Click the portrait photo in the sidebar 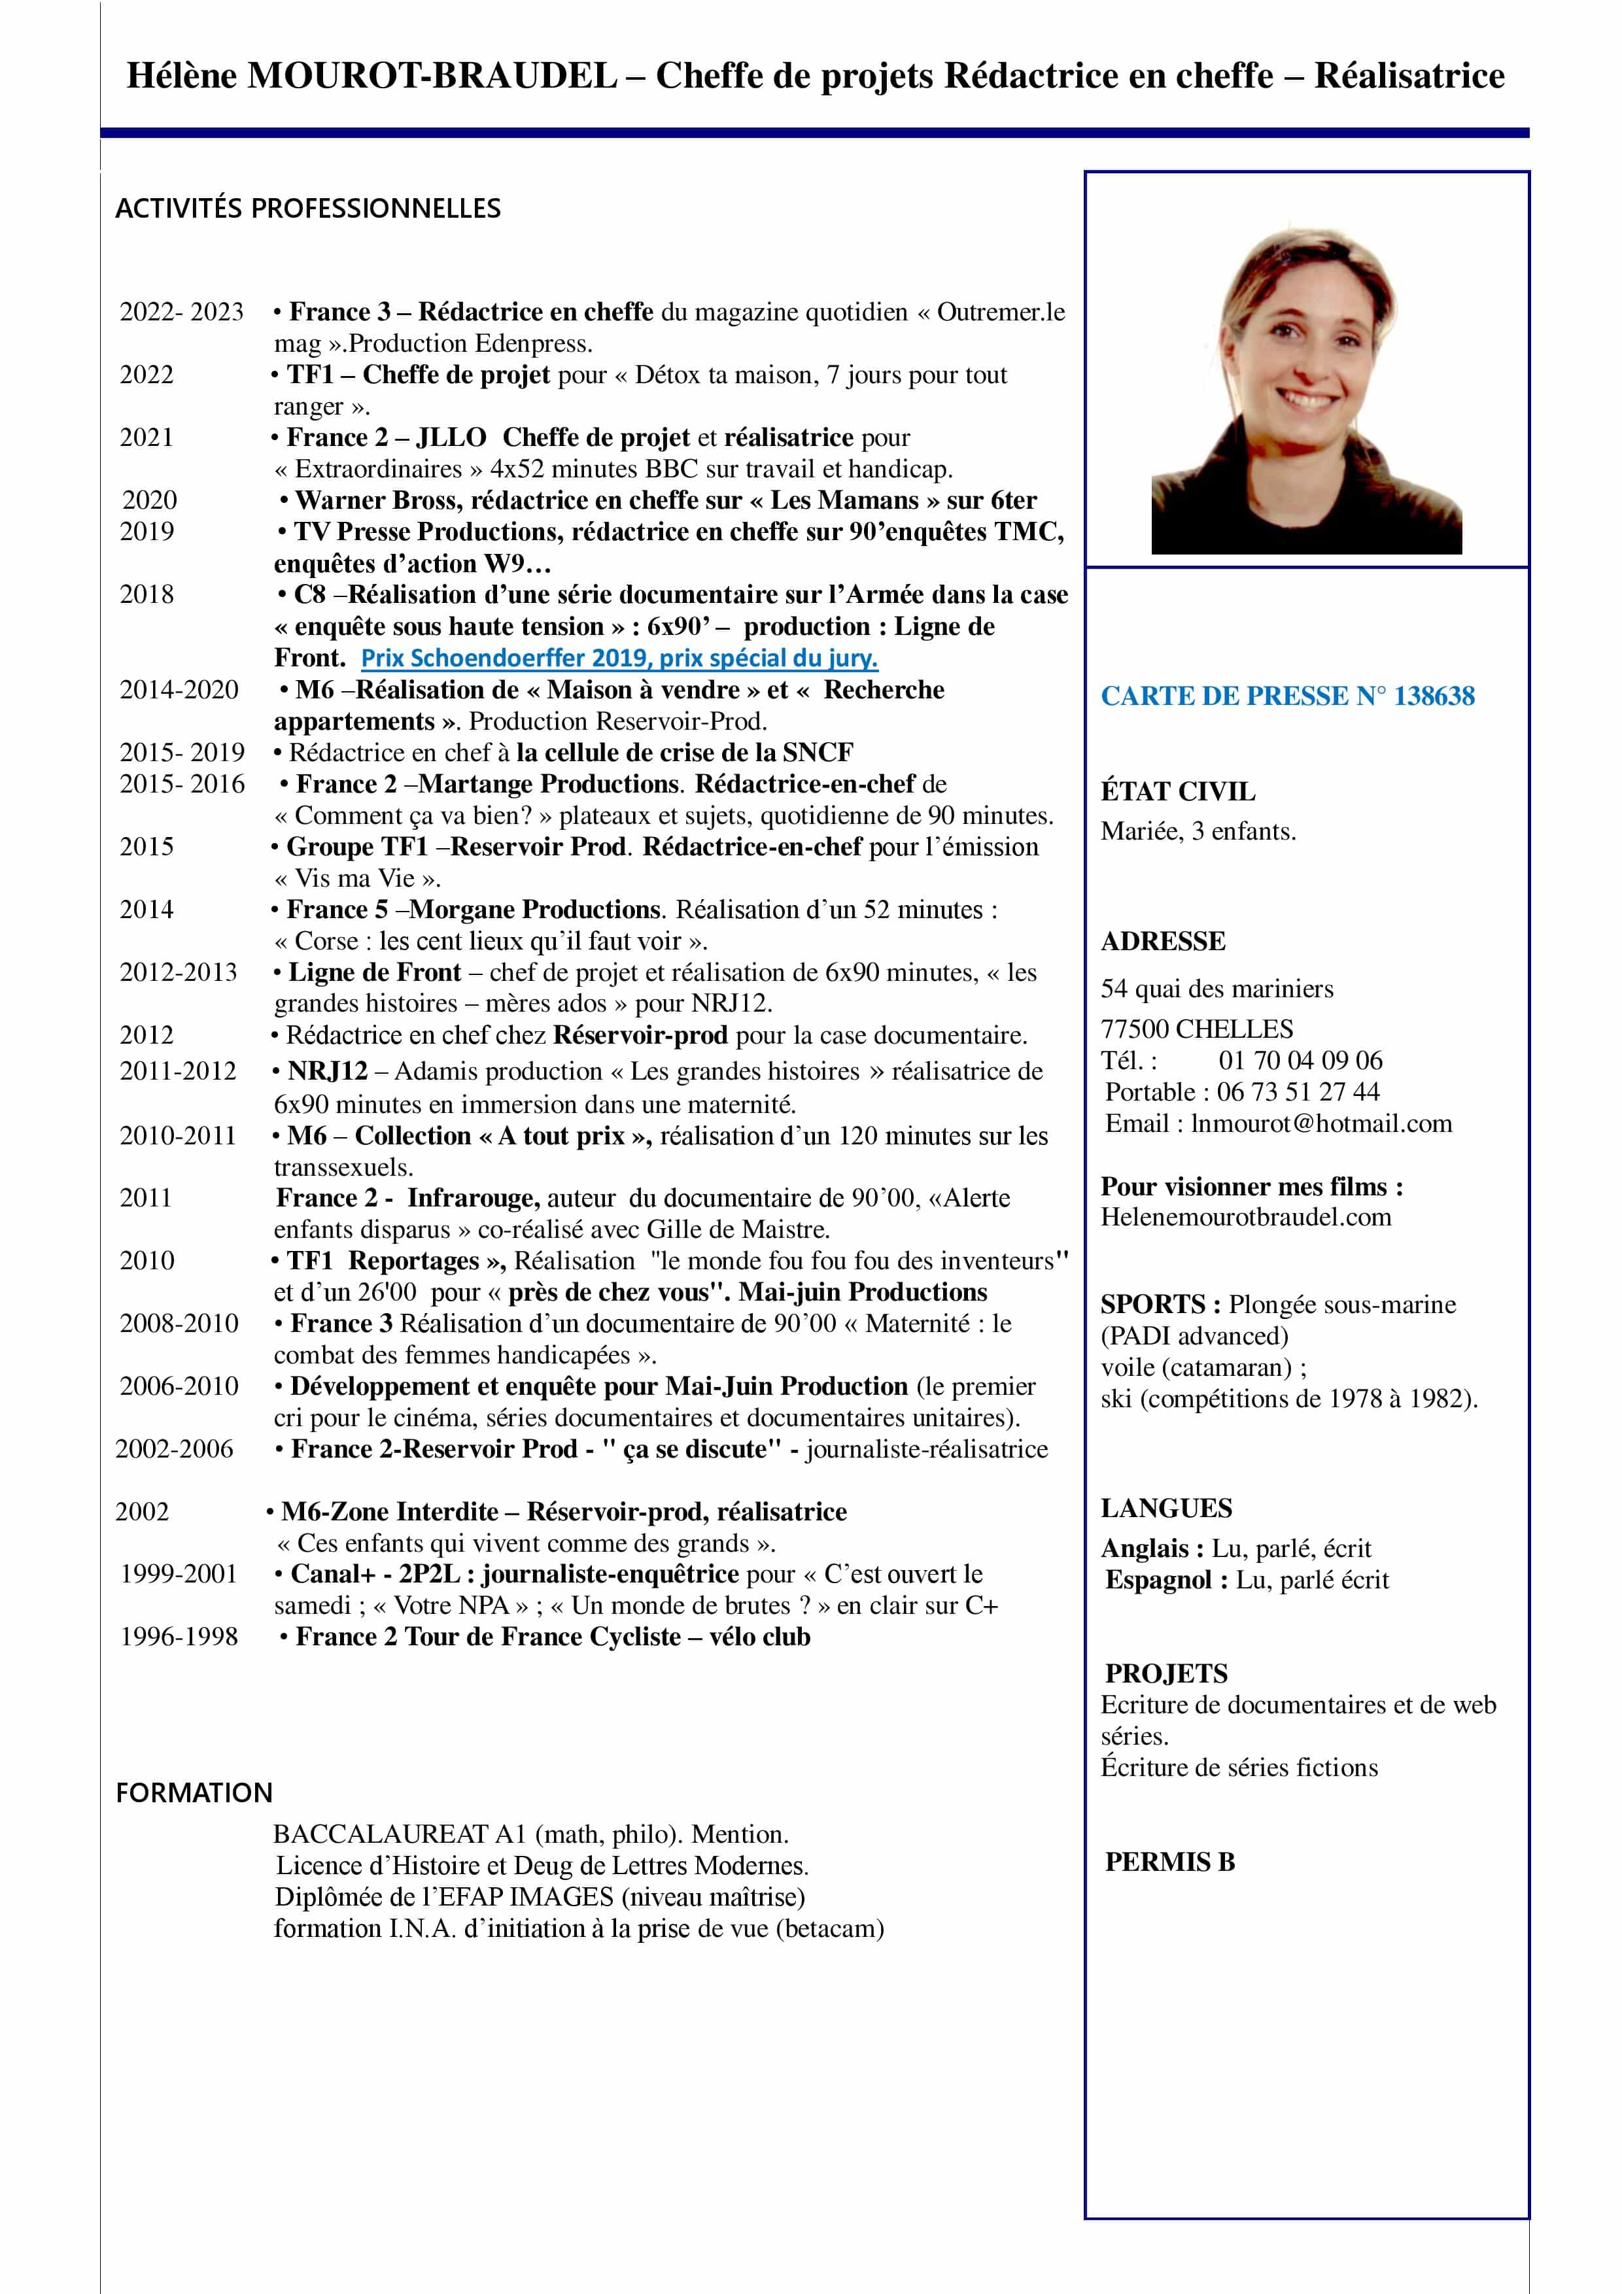[1305, 390]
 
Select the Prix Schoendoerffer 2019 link [619, 659]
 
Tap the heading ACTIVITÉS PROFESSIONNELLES [308, 208]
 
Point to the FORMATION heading [194, 1792]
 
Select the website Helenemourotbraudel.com [1245, 1217]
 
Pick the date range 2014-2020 [179, 691]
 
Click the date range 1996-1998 [179, 1637]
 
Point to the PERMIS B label [1169, 1862]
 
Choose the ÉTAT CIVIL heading [1177, 791]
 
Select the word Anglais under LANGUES [1145, 1549]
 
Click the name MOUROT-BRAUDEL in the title [432, 76]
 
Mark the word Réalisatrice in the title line [1408, 76]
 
